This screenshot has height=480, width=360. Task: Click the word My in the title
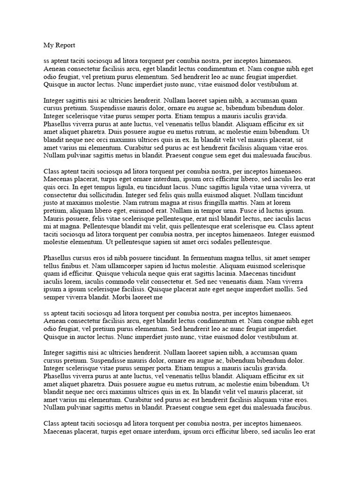point(48,45)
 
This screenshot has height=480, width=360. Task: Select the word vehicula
point(130,274)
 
